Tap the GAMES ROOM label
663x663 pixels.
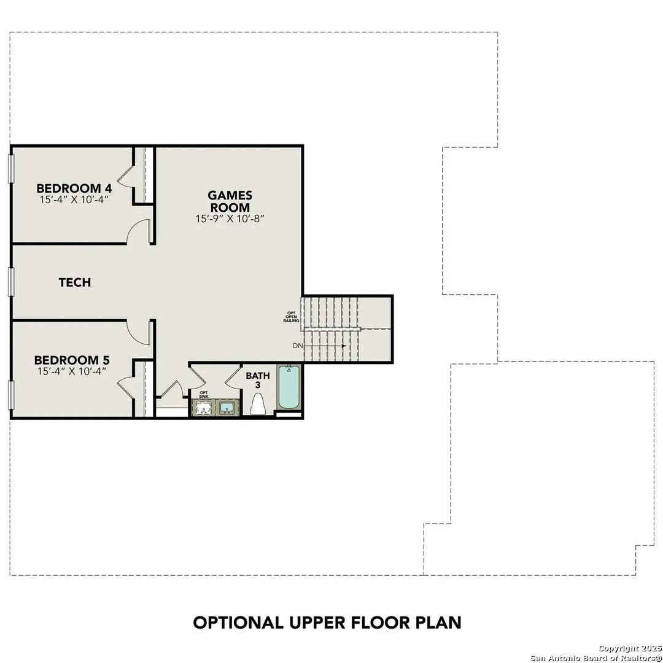tap(230, 201)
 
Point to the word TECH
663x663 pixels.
tap(75, 282)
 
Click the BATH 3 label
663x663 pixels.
tap(258, 380)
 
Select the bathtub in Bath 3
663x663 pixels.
tap(289, 387)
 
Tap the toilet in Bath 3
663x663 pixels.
tap(258, 405)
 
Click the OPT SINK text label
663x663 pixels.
tap(204, 394)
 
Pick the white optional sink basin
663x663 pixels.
tap(204, 407)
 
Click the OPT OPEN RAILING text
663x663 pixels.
tap(291, 316)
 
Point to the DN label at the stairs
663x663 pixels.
tap(298, 346)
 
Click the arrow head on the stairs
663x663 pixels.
tap(345, 346)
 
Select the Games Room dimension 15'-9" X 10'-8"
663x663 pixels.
tap(230, 219)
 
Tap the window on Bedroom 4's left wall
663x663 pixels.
tap(10, 168)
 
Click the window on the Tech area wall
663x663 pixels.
tap(10, 282)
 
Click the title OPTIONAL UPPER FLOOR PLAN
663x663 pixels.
tap(327, 622)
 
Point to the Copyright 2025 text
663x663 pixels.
tap(629, 648)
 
